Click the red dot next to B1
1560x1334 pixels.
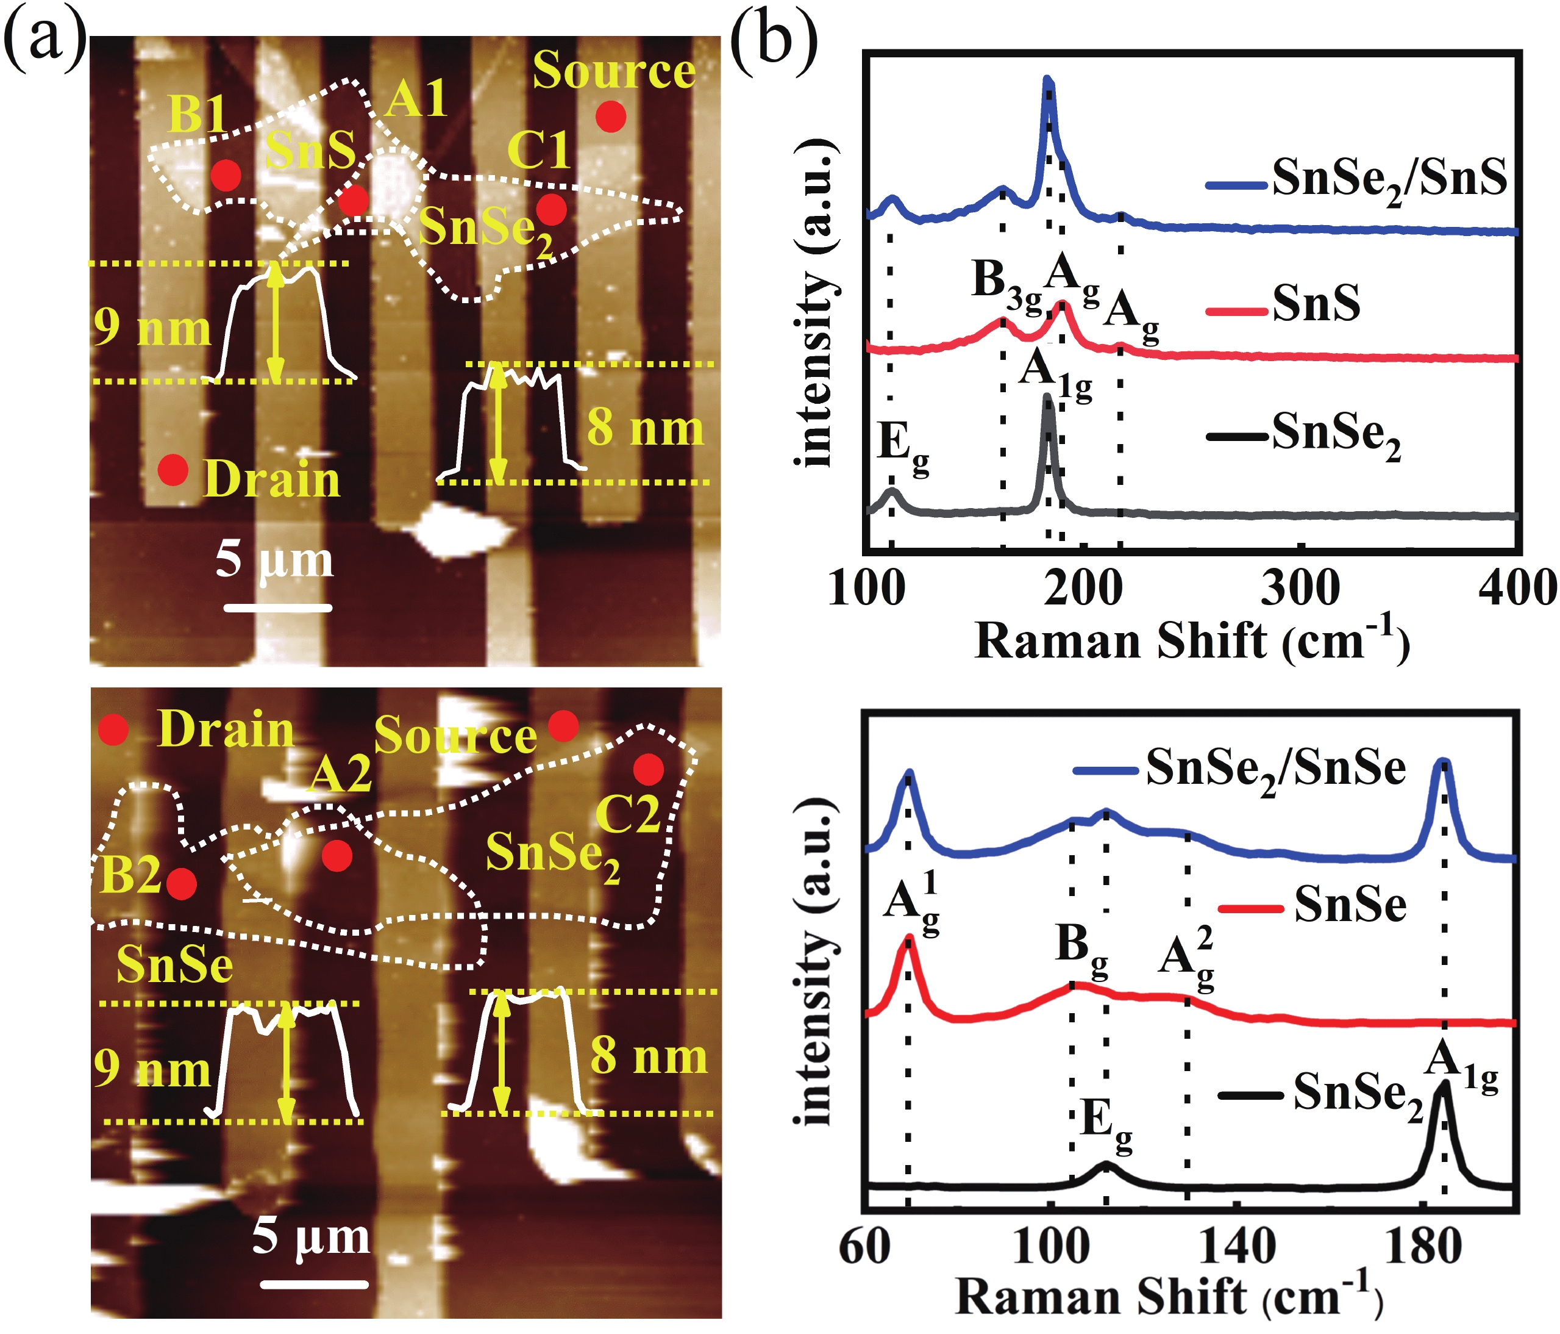coord(226,174)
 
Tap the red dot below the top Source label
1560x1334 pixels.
coord(611,117)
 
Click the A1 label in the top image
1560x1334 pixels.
coord(416,98)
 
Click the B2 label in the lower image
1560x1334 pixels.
coord(130,875)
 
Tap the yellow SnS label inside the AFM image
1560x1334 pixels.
coord(310,149)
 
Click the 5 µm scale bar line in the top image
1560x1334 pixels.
coord(278,607)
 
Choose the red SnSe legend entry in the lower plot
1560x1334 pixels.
coord(1312,905)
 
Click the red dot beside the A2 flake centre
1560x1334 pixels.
coord(337,856)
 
